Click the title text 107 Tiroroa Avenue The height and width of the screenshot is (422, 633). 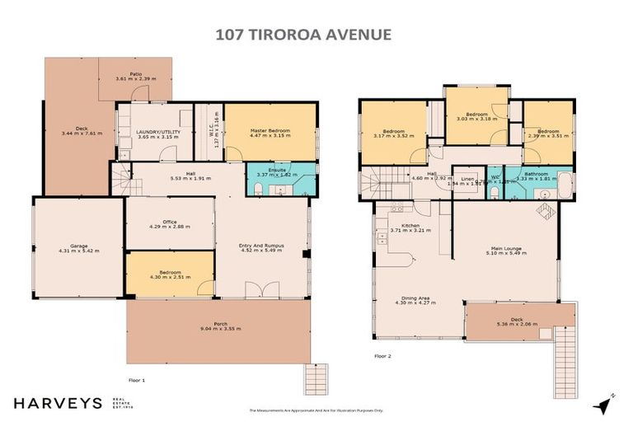coord(316,35)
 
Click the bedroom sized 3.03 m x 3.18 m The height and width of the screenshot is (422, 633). coord(476,117)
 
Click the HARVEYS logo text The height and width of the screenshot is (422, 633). coord(57,403)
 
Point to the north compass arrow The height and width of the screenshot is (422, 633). coord(607,403)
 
